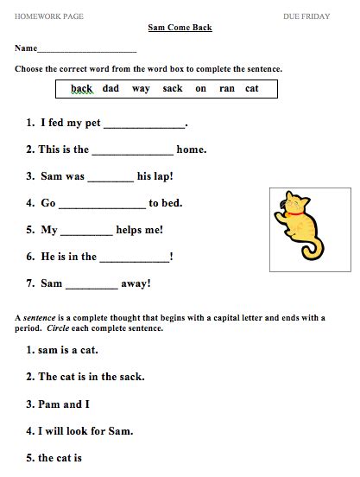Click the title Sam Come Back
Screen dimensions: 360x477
coord(180,28)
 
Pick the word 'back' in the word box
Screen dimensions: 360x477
coord(81,89)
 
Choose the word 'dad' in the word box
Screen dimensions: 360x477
coord(111,89)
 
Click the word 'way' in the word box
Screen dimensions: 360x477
coord(141,89)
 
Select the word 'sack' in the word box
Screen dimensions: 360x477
coord(172,89)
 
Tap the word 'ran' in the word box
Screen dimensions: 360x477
coord(226,89)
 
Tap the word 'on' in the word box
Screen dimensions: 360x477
coord(200,89)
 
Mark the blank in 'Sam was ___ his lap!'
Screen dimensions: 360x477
coord(111,178)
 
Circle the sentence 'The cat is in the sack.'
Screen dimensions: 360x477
coord(85,377)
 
